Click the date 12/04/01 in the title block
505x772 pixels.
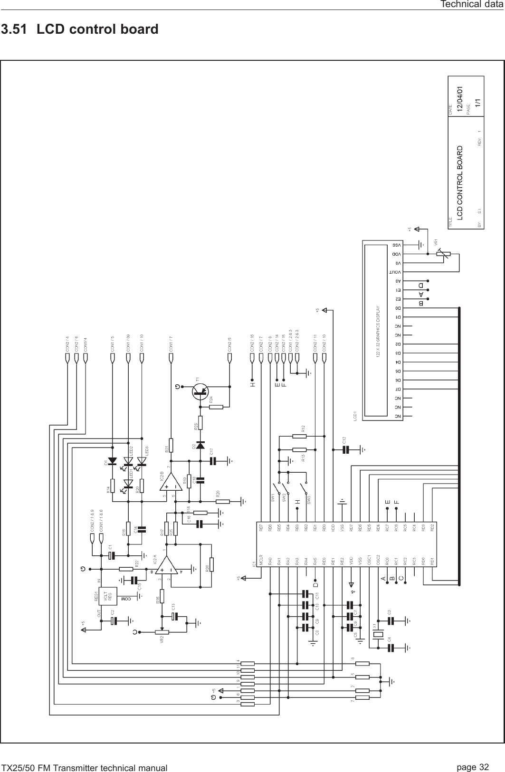click(x=459, y=99)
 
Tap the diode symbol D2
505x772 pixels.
click(x=200, y=445)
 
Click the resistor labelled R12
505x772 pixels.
click(x=299, y=435)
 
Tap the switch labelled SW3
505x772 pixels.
click(x=305, y=489)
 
